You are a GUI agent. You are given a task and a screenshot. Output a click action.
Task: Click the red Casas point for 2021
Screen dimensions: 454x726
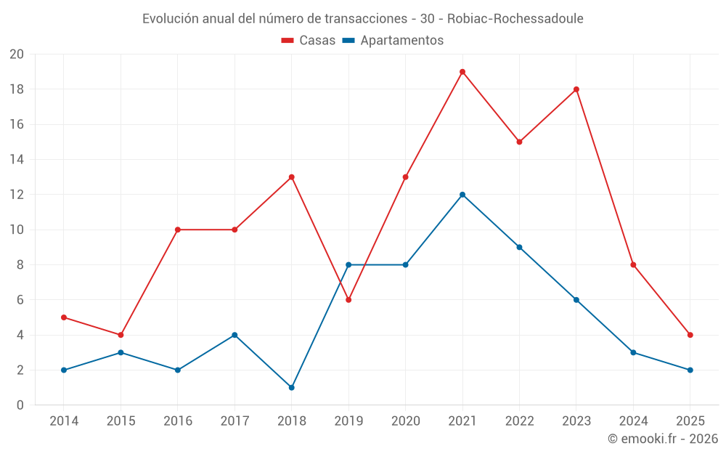pyautogui.click(x=462, y=72)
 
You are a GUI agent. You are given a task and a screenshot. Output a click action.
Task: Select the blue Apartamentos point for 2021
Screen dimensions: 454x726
pyautogui.click(x=462, y=195)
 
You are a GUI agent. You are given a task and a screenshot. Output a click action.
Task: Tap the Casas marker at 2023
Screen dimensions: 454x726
pyautogui.click(x=576, y=89)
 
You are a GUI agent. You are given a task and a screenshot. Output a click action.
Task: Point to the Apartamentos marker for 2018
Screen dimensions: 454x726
pyautogui.click(x=292, y=387)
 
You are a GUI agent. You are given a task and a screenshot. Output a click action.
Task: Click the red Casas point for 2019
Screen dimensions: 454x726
pyautogui.click(x=348, y=300)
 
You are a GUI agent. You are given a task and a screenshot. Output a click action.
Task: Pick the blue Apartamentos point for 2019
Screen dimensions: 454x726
pyautogui.click(x=348, y=265)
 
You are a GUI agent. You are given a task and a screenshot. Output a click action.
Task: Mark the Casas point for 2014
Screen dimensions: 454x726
pyautogui.click(x=64, y=317)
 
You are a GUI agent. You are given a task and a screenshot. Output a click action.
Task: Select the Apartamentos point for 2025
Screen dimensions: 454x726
pyautogui.click(x=690, y=370)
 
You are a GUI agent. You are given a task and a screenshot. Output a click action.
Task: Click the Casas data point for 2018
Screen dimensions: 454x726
pyautogui.click(x=292, y=177)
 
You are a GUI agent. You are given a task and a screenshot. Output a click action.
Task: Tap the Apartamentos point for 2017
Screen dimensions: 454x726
pyautogui.click(x=234, y=335)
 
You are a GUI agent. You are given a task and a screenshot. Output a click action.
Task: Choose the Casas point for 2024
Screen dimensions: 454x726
pyautogui.click(x=633, y=265)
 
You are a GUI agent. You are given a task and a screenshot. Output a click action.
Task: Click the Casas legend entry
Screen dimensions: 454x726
pyautogui.click(x=309, y=41)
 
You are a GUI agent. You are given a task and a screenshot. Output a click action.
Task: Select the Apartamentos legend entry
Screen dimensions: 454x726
pyautogui.click(x=393, y=41)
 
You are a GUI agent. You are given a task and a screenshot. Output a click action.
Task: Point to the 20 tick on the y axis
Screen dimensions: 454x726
pyautogui.click(x=17, y=54)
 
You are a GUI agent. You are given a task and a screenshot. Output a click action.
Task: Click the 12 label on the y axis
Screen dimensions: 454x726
pyautogui.click(x=17, y=195)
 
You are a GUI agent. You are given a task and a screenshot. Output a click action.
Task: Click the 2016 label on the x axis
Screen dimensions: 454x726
pyautogui.click(x=178, y=421)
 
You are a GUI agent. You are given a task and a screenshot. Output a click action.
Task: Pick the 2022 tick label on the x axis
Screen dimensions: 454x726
pyautogui.click(x=519, y=421)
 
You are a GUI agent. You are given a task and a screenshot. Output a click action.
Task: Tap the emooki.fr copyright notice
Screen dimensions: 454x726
pyautogui.click(x=663, y=439)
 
